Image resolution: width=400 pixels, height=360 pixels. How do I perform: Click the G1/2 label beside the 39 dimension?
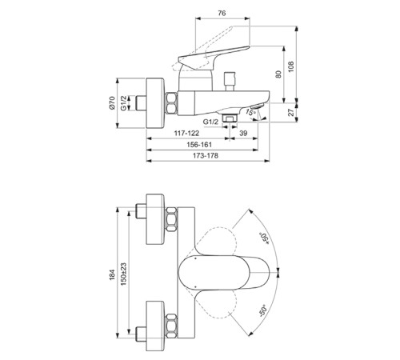[x=212, y=121]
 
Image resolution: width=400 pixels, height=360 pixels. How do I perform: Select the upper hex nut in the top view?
[x=170, y=222]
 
